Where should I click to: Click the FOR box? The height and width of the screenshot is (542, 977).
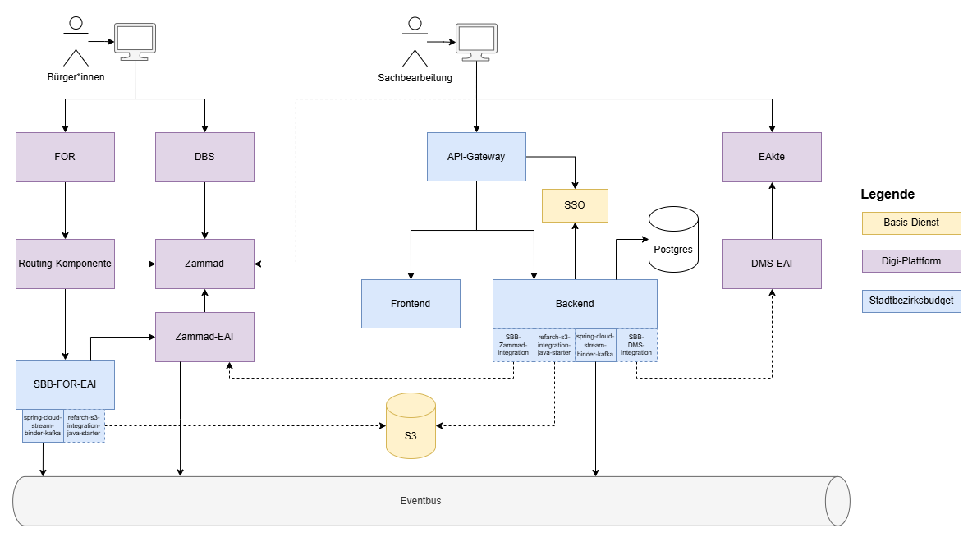coord(65,156)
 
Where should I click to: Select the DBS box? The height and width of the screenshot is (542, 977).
coord(204,156)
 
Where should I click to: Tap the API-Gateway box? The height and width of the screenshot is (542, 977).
coord(476,156)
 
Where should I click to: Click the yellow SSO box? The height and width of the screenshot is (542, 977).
coord(575,205)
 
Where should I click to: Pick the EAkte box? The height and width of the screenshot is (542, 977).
coord(772,156)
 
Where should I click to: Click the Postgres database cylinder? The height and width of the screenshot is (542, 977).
coord(673,240)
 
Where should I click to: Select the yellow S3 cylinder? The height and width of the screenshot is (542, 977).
coord(411,427)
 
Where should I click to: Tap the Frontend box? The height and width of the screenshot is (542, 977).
coord(411,303)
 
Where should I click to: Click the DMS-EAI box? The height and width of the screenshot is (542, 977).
coord(772,264)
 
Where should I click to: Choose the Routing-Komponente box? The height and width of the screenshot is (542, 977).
coord(65,264)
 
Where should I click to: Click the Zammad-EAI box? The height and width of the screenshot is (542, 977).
coord(204,337)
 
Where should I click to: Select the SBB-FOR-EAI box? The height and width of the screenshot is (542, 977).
coord(65,384)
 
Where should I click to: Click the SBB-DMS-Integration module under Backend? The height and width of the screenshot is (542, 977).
coord(636,345)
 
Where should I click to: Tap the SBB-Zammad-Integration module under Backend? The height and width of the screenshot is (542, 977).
coord(513,345)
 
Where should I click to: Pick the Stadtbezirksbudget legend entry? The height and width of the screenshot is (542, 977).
coord(911,301)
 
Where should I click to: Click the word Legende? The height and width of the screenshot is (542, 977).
coord(887,195)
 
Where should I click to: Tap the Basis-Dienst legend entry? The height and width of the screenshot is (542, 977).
coord(911,223)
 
